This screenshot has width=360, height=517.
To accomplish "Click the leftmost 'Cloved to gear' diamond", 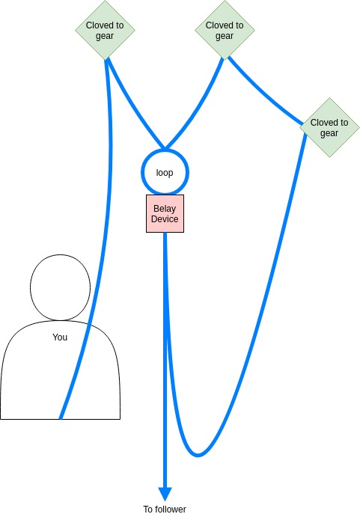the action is (x=105, y=30).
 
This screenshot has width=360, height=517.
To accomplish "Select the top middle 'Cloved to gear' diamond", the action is (x=225, y=30).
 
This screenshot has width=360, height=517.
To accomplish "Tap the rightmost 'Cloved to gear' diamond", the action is (x=329, y=127).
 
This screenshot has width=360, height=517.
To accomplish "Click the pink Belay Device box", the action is (x=165, y=214).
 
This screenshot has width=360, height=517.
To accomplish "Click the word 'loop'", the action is (x=165, y=173).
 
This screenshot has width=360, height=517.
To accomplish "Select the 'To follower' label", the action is (x=165, y=509).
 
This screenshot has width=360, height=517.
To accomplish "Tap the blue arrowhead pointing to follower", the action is (x=165, y=494).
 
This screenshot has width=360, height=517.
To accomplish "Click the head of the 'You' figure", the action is (x=60, y=287).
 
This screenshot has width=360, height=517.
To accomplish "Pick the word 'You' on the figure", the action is (x=60, y=337).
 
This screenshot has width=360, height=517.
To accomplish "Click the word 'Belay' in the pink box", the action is (x=165, y=209).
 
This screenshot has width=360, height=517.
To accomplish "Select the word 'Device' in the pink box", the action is (x=165, y=219).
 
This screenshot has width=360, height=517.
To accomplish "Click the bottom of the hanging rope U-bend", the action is (x=198, y=455).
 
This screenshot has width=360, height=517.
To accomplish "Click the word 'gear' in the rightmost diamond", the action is (x=329, y=133).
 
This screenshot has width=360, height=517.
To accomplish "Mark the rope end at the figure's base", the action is (x=61, y=418).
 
